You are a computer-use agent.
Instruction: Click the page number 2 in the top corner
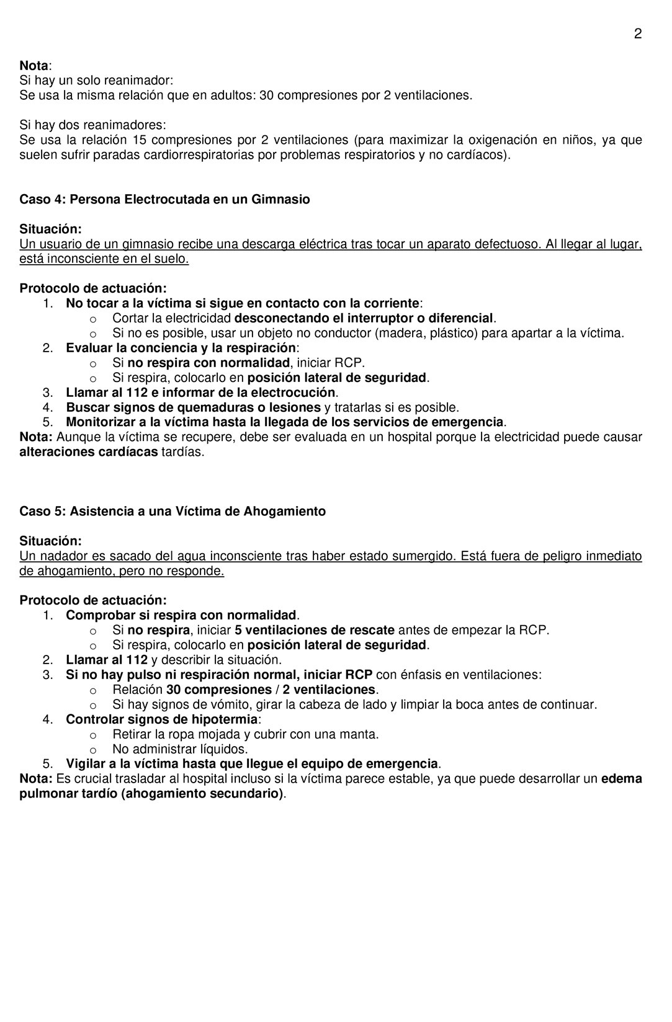[637, 34]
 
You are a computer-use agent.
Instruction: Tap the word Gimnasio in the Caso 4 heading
[280, 200]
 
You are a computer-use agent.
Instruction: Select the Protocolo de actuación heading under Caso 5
[93, 601]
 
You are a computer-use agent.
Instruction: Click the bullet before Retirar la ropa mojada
[92, 735]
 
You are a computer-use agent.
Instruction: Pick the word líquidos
[220, 750]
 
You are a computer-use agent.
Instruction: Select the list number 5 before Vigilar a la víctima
[48, 765]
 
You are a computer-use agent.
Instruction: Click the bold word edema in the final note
[622, 780]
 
